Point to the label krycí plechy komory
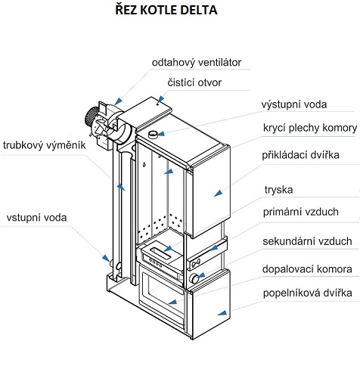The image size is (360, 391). pyautogui.click(x=309, y=128)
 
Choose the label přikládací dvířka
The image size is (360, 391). pyautogui.click(x=300, y=155)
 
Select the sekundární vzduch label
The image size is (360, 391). pyautogui.click(x=307, y=241)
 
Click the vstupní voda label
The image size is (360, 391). pyautogui.click(x=38, y=218)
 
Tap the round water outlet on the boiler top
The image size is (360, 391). pyautogui.click(x=154, y=135)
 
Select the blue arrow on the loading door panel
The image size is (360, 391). pyautogui.click(x=217, y=194)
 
